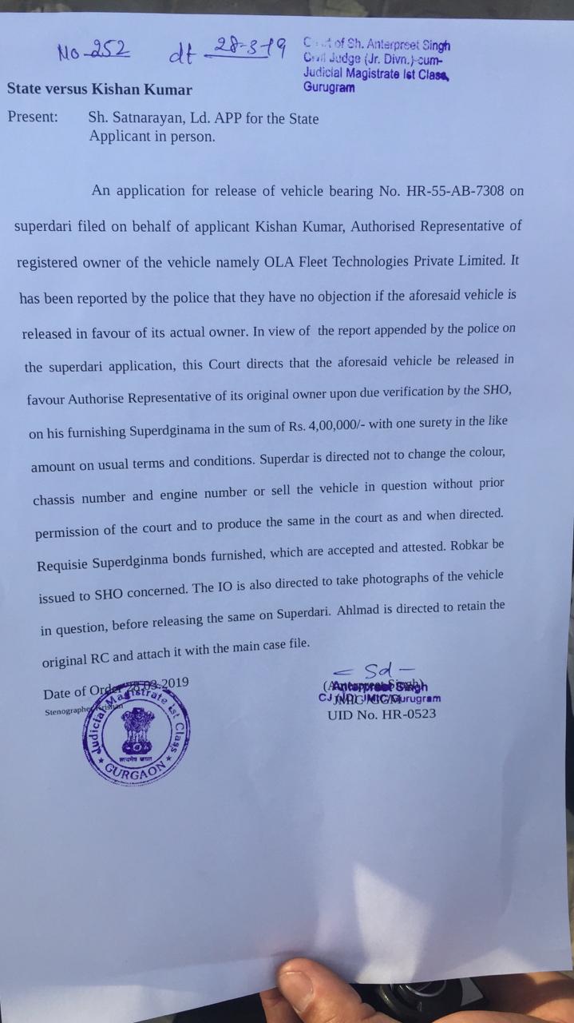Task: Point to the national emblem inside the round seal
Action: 137,729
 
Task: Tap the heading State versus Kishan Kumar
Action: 99,90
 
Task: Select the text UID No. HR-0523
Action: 382,714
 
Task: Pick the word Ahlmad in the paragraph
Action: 366,609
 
